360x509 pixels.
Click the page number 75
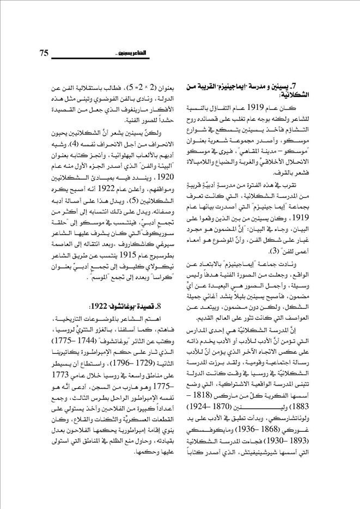click(x=45, y=52)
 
